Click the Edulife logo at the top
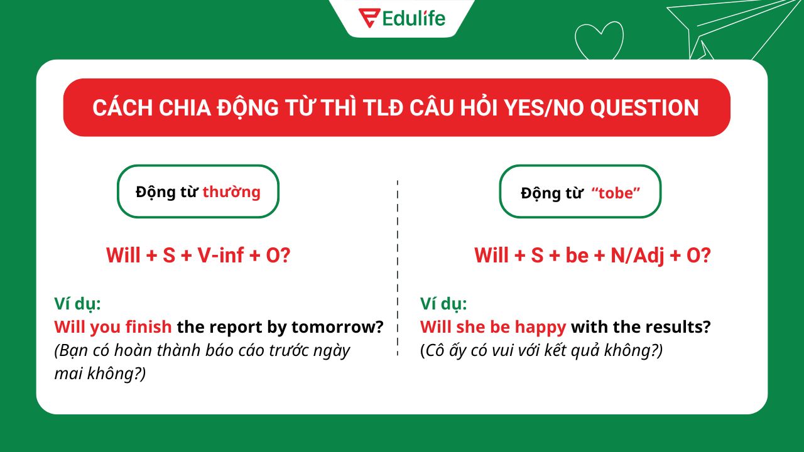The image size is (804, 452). (402, 18)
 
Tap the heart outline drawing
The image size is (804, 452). (599, 41)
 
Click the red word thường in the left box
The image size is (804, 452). (231, 191)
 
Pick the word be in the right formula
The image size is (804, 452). (577, 256)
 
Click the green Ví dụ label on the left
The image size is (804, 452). (77, 304)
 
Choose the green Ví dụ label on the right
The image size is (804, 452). (443, 304)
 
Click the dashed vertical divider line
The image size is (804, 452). (398, 270)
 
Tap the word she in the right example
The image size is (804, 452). (470, 327)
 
